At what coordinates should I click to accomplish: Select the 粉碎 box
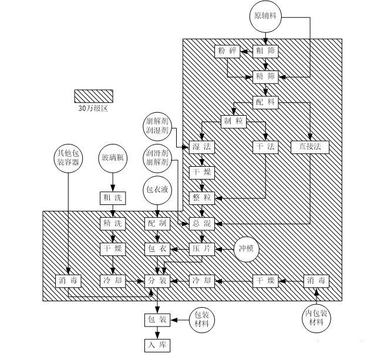click(227, 51)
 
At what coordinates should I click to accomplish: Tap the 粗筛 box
click(266, 51)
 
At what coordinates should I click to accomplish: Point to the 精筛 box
click(266, 76)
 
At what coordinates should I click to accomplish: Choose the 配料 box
click(266, 102)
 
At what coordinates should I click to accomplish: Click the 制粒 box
click(233, 122)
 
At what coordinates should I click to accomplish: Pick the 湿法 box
click(202, 147)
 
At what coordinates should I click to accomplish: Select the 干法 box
click(266, 147)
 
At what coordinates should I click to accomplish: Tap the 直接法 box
click(309, 147)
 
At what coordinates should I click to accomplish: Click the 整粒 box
click(202, 198)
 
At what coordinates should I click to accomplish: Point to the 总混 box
click(202, 223)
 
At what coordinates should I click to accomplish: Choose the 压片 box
click(202, 249)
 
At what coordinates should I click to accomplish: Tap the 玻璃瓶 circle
click(113, 158)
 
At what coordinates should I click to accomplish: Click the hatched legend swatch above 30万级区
click(93, 96)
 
